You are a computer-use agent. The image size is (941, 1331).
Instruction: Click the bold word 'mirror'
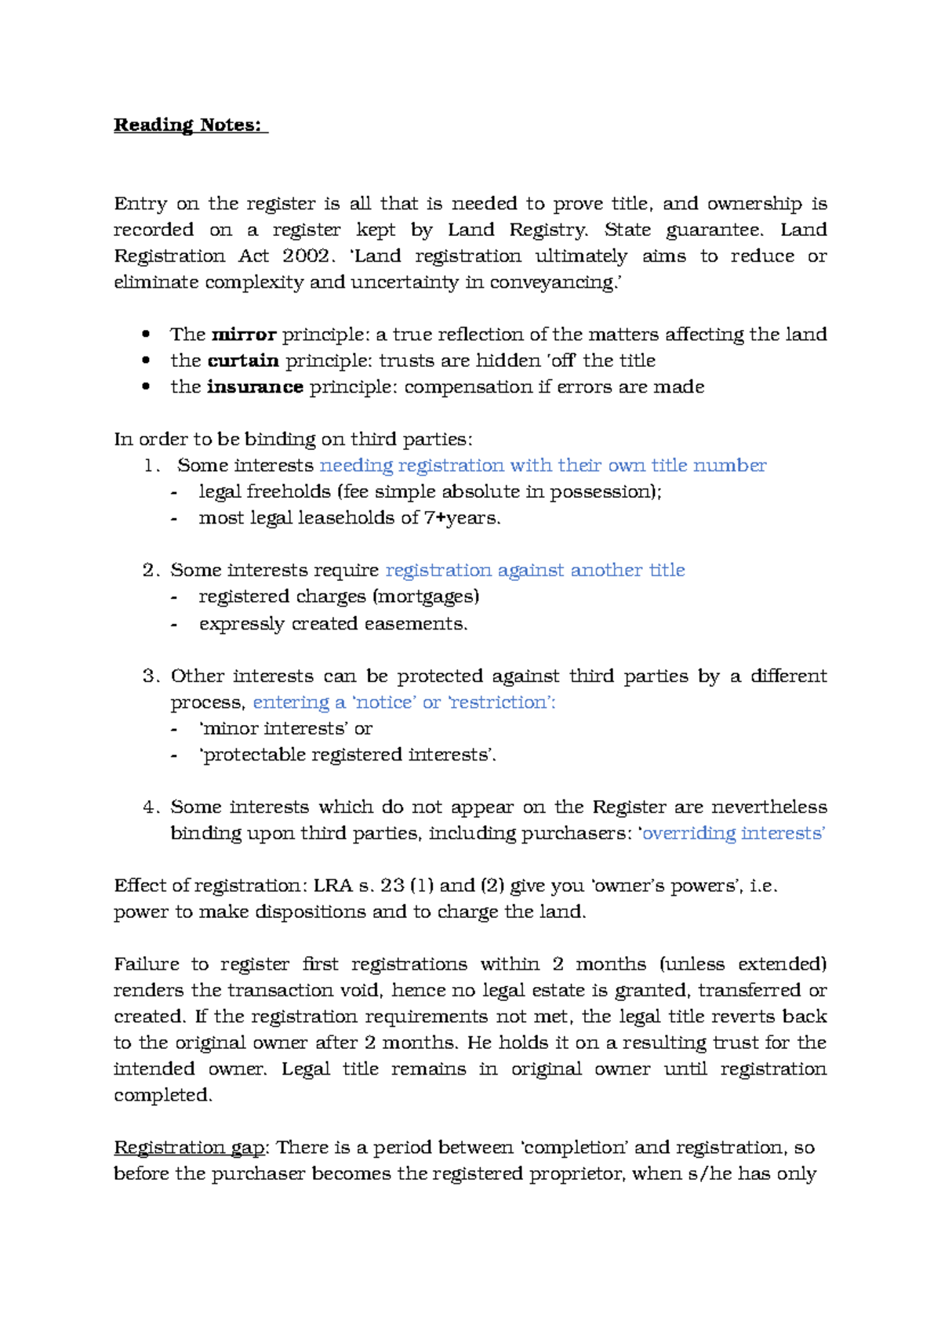click(244, 335)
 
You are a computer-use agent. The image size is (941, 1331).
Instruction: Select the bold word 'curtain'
click(243, 361)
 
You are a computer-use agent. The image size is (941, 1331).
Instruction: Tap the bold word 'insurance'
click(255, 387)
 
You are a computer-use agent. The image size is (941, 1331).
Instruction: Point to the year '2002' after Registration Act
click(306, 256)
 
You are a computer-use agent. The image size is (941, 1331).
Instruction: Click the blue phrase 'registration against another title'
click(535, 571)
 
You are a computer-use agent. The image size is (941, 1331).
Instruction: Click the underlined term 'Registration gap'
click(189, 1148)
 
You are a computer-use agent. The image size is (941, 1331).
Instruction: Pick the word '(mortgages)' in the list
click(426, 597)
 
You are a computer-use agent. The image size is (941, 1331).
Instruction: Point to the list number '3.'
click(151, 676)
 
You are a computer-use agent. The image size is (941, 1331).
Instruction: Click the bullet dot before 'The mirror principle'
click(146, 335)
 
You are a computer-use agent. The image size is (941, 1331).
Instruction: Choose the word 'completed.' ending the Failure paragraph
click(163, 1095)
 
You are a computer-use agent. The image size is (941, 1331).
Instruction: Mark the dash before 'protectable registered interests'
click(174, 756)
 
